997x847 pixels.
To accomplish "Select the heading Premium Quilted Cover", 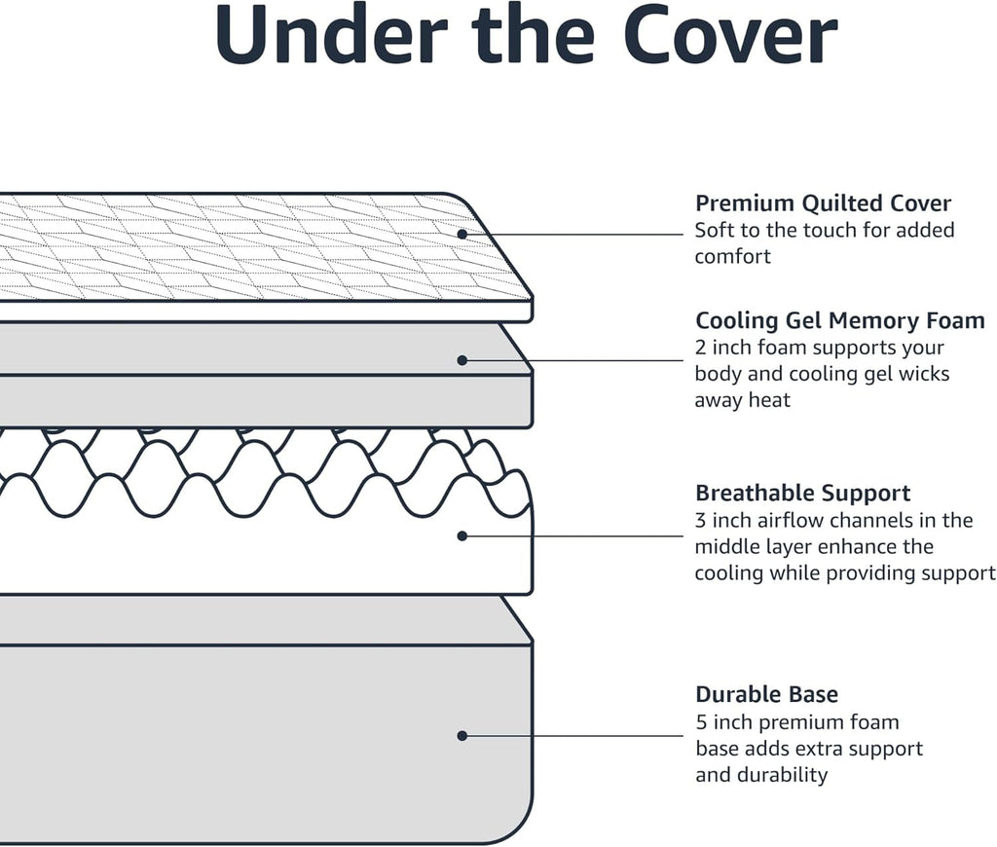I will point(823,203).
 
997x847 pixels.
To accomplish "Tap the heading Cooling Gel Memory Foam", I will point(839,320).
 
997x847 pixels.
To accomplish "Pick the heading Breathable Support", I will point(802,493).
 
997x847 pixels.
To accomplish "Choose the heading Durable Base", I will point(766,694).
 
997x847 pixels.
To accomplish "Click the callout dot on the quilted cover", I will point(462,234).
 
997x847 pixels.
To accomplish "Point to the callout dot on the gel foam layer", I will point(462,360).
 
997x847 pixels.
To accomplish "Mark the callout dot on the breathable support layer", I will point(462,535).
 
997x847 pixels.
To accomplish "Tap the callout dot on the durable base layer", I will point(462,736).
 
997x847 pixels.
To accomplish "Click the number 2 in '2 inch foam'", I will point(701,348).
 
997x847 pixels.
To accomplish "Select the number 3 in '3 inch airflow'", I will point(701,520).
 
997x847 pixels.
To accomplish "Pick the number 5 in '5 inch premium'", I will point(701,722).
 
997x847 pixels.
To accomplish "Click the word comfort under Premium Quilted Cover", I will point(732,257).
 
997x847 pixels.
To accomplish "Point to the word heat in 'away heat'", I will point(769,400).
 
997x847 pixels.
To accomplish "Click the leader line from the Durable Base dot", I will point(574,736).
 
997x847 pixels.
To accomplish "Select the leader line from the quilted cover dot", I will point(574,234).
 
